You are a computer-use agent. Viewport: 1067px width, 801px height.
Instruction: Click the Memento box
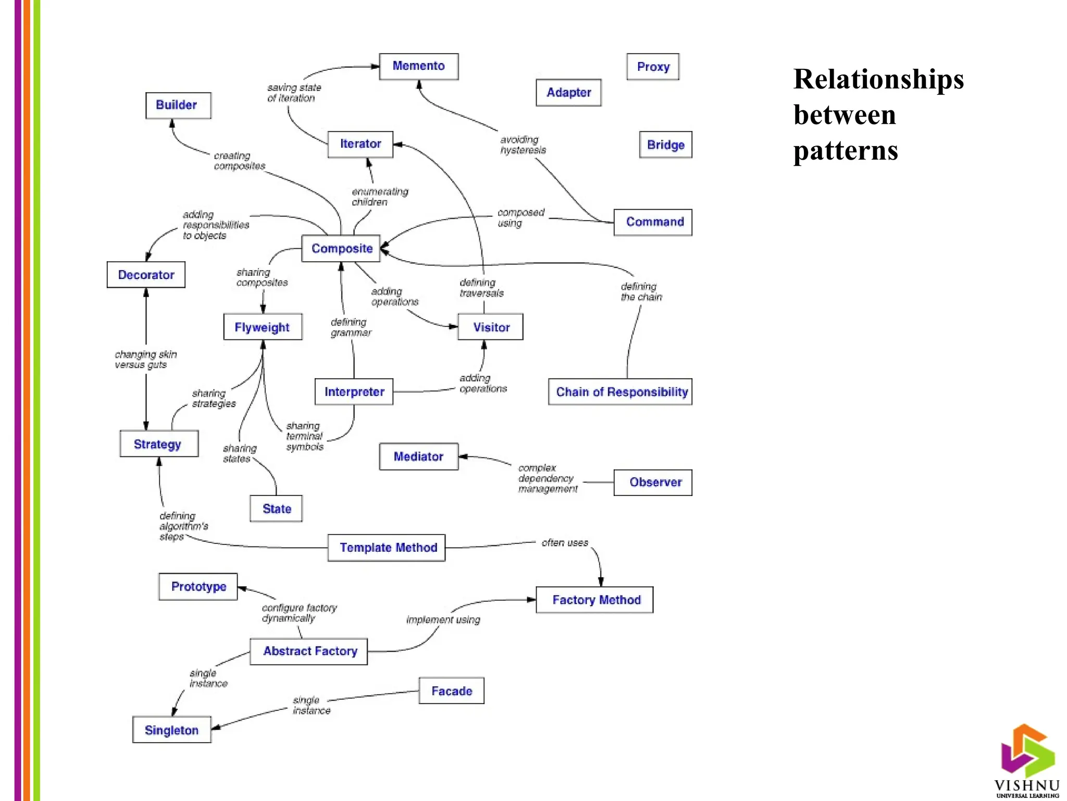click(x=418, y=66)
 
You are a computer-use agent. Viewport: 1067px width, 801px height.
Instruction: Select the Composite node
click(x=341, y=248)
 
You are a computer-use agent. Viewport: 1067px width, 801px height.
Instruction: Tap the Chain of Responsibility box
click(x=620, y=392)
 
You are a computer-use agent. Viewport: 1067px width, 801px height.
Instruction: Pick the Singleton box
click(x=171, y=730)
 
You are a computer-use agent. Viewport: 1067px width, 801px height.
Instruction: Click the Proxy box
click(x=652, y=67)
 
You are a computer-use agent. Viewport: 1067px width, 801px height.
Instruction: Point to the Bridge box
click(x=665, y=144)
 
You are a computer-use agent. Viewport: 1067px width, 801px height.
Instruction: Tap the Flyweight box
click(x=263, y=327)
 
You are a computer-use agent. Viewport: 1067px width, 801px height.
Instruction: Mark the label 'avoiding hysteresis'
click(x=523, y=145)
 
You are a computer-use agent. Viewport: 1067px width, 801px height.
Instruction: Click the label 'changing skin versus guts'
click(x=145, y=359)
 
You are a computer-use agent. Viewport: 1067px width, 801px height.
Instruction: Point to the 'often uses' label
click(x=564, y=543)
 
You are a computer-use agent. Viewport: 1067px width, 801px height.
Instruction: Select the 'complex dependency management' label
click(x=547, y=478)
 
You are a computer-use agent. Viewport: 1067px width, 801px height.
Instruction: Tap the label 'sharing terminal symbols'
click(x=304, y=436)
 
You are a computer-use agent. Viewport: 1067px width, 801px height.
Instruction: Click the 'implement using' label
click(x=443, y=620)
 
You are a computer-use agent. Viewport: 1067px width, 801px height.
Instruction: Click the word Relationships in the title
click(x=878, y=79)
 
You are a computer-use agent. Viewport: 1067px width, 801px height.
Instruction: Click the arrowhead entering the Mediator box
click(x=462, y=456)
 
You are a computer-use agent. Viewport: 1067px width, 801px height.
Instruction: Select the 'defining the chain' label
click(x=641, y=292)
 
